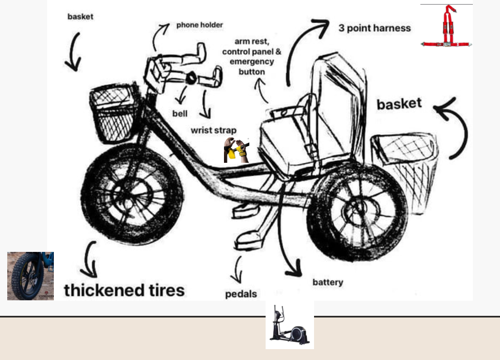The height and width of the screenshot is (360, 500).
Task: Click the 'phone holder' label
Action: tap(200, 25)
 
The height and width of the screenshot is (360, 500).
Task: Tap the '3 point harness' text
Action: tap(375, 28)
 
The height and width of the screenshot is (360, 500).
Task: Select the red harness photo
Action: tap(447, 26)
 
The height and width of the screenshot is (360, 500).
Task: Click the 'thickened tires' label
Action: tap(124, 290)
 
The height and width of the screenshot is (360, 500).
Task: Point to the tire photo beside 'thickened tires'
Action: tap(30, 276)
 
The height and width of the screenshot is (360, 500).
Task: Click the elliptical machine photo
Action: tap(290, 325)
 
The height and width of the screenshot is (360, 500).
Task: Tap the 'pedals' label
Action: tap(241, 294)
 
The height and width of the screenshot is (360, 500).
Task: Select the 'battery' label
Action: tap(328, 282)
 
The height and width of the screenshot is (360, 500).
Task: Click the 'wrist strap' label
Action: tap(213, 130)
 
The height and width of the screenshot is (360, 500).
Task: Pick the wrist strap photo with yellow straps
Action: tap(237, 150)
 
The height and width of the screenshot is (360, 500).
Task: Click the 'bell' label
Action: tap(180, 114)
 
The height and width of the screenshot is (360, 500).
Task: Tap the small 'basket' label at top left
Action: tap(81, 17)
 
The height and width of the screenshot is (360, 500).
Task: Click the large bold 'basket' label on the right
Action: tap(399, 104)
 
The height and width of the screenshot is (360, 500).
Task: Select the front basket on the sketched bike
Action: tap(113, 114)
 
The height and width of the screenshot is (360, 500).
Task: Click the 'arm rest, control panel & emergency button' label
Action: tap(251, 57)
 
